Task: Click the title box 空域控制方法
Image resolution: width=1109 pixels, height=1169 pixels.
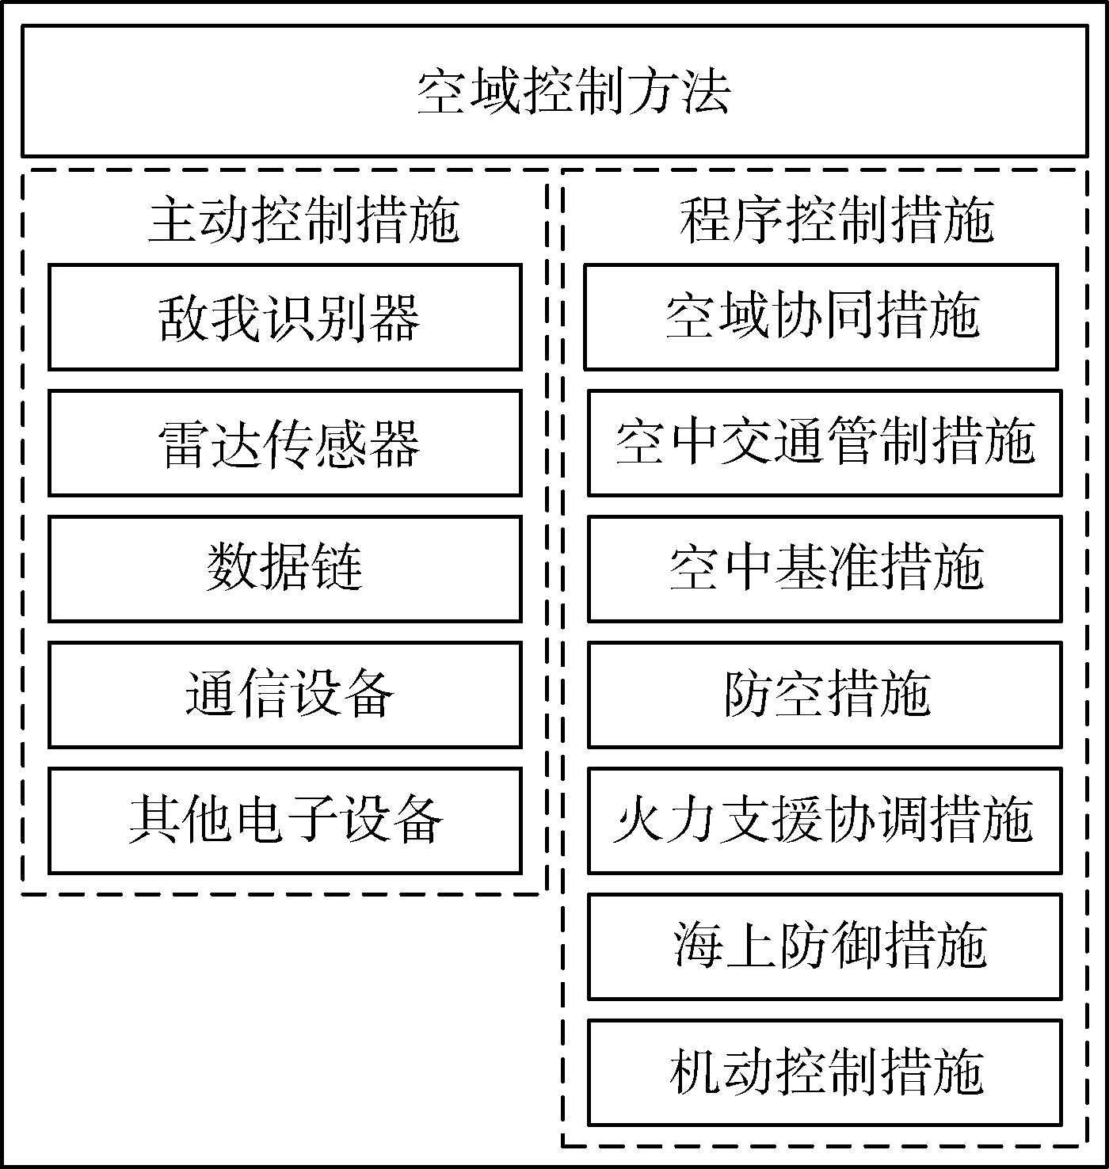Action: pos(554,91)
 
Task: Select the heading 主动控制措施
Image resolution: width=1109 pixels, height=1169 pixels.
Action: pos(304,221)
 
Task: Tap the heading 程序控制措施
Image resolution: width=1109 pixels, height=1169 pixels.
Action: pos(837,221)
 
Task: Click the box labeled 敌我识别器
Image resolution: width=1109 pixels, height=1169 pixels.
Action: pos(285,318)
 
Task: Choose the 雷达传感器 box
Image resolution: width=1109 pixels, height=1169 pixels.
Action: pos(285,443)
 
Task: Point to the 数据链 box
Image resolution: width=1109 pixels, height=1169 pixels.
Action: pos(285,569)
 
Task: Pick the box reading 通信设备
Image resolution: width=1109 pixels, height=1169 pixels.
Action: pos(285,695)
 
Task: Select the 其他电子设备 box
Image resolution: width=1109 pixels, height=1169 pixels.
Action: pos(285,821)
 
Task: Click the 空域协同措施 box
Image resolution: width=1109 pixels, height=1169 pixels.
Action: pos(821,318)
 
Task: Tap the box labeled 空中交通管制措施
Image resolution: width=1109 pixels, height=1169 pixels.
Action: pos(825,443)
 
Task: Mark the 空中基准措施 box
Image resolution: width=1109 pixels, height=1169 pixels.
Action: pos(825,569)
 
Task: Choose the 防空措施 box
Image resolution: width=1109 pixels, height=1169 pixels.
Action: pos(825,695)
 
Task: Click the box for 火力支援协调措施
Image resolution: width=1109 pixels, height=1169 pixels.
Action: pos(825,821)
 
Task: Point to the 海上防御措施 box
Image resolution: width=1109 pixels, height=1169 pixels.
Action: pos(825,946)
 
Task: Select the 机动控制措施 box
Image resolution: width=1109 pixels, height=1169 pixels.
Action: pos(825,1072)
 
